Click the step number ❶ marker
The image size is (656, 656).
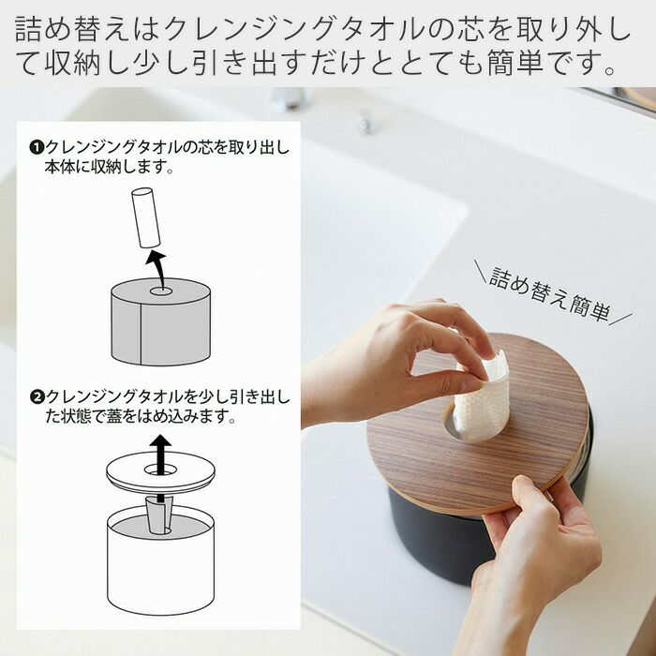point(37,147)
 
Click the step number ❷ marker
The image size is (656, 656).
point(37,396)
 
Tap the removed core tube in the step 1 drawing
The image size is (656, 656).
point(145,217)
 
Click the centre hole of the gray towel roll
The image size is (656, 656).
point(161,291)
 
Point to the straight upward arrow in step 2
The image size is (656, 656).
point(160,468)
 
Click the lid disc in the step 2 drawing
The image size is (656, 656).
point(160,471)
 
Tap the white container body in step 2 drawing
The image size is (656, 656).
point(161,566)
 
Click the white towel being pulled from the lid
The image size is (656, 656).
point(483,395)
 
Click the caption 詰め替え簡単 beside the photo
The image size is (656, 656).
point(550,293)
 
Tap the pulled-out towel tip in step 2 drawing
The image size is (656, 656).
point(159,514)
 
